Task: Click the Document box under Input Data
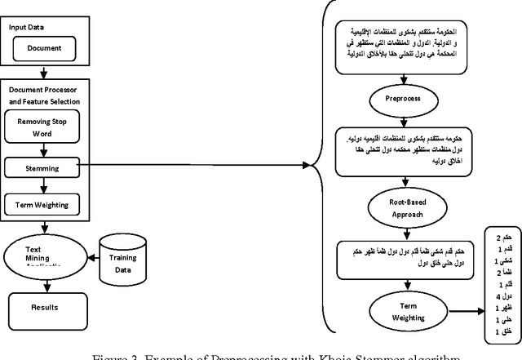[x=44, y=48]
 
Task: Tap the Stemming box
[x=42, y=167]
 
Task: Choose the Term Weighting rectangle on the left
[x=42, y=205]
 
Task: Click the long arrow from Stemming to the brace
[x=196, y=166]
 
